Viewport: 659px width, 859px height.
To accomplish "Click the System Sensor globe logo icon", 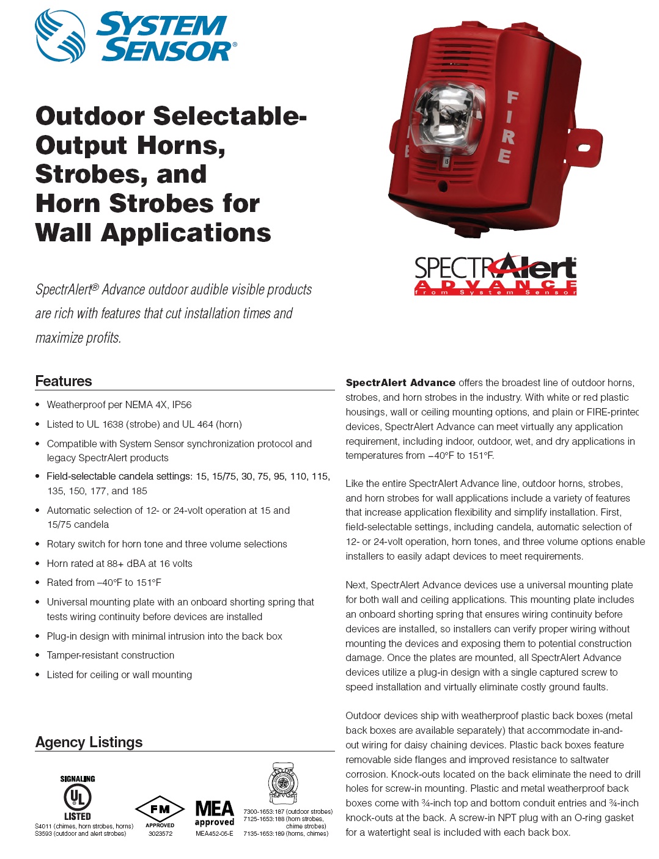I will click(x=60, y=35).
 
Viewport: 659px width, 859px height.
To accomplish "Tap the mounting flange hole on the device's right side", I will click(x=583, y=148).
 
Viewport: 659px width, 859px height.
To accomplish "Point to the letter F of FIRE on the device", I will click(x=512, y=98).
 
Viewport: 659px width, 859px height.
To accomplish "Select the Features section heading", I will click(x=64, y=381).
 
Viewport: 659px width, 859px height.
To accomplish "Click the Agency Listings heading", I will click(x=89, y=742).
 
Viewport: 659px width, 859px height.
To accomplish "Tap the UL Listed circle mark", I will click(x=78, y=797).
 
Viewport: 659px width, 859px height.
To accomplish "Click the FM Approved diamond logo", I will click(x=160, y=810).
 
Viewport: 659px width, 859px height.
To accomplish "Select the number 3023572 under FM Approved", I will click(x=160, y=833).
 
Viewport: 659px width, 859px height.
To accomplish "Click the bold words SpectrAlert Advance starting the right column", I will click(x=400, y=383).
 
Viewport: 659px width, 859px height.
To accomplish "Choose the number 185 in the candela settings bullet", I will click(x=139, y=491).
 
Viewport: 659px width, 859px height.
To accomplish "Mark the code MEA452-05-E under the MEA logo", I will click(x=215, y=833).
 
